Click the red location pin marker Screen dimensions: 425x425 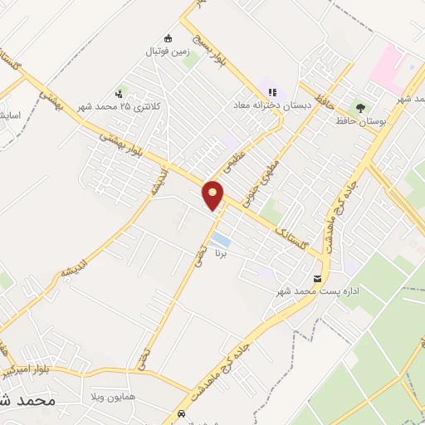pyautogui.click(x=213, y=196)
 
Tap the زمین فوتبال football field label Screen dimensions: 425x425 pyautogui.click(x=169, y=51)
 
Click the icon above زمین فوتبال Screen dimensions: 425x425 pyautogui.click(x=169, y=38)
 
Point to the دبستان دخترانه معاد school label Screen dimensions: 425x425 pyautogui.click(x=272, y=106)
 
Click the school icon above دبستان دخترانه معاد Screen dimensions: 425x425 pyautogui.click(x=271, y=93)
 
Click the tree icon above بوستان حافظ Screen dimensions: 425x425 pyautogui.click(x=359, y=107)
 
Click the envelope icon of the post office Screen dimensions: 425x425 pyautogui.click(x=317, y=279)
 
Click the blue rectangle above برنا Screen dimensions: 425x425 pyautogui.click(x=220, y=240)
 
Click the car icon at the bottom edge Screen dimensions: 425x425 pyautogui.click(x=181, y=413)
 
